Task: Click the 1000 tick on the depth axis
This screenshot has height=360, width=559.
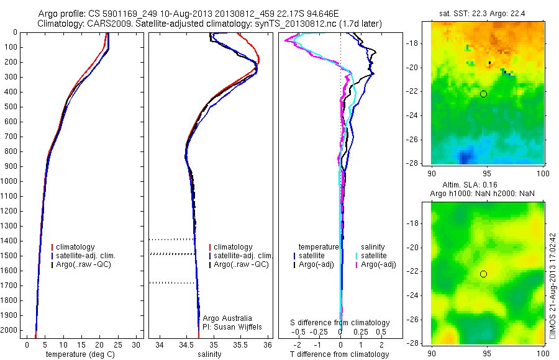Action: [x=11, y=181]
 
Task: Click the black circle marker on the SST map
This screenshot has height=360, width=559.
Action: [x=483, y=94]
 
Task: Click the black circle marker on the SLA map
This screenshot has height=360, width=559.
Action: [x=483, y=274]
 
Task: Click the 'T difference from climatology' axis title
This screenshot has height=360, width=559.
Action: [x=339, y=354]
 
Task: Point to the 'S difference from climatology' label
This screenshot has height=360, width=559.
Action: [x=340, y=323]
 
